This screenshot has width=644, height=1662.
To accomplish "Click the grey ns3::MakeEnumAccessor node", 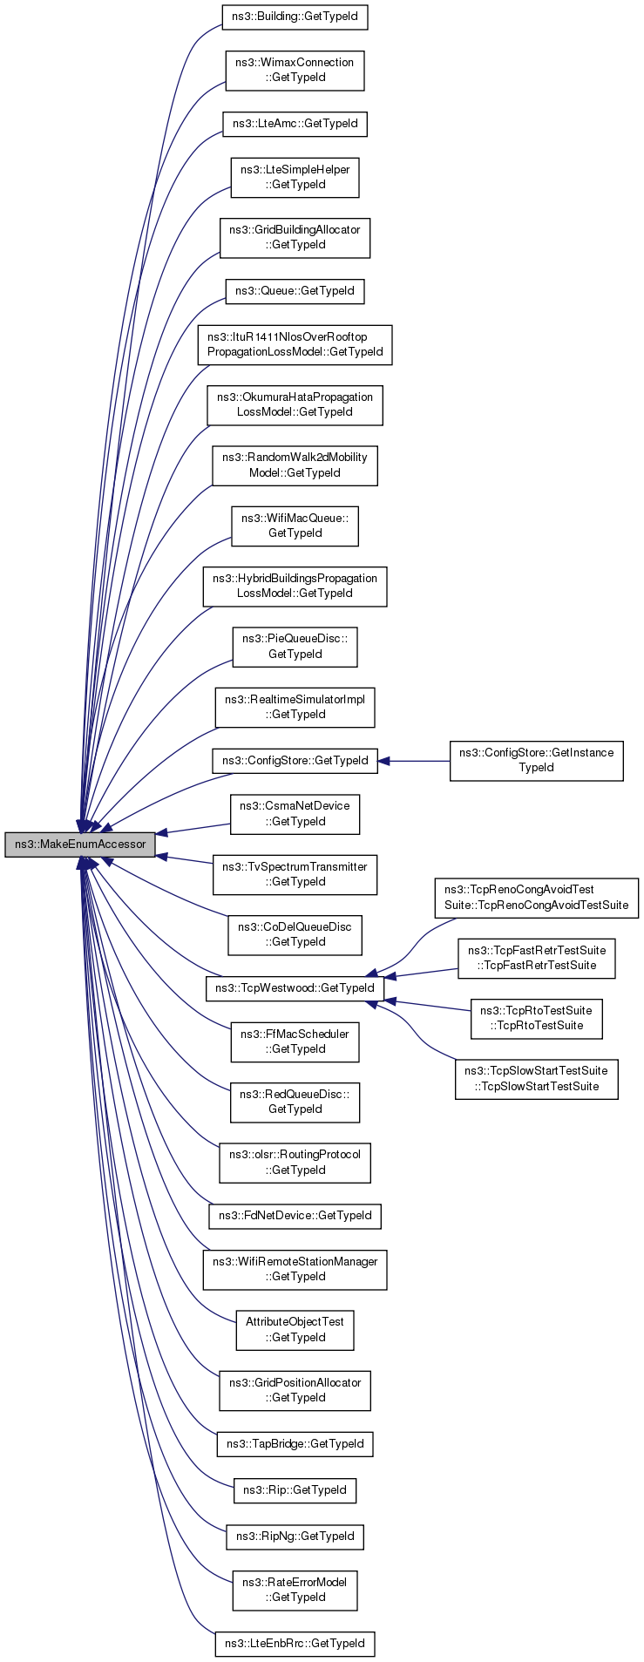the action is coord(80,845).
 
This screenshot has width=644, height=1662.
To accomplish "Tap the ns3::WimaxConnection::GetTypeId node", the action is coord(295,70).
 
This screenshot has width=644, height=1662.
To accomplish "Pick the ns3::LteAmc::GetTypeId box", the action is coord(295,124).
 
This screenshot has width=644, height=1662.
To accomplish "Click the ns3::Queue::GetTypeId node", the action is coord(295,291).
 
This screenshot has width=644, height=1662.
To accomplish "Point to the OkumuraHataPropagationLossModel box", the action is coord(295,404).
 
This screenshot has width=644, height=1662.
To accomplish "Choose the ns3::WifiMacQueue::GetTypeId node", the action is coord(295,526).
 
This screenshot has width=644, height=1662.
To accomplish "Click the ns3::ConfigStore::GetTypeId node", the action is coord(295,761).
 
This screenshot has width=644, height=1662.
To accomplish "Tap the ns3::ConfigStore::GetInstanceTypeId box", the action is coord(536,760).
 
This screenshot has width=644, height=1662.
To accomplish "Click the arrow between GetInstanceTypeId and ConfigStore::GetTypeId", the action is coord(414,761).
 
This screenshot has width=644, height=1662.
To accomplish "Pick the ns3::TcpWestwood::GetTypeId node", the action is coord(295,988).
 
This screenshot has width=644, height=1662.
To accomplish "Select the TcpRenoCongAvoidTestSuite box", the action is coord(536,898).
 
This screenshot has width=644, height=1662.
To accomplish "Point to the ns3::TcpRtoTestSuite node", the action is coord(536,1018).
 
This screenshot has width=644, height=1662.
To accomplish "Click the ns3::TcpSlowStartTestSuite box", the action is coord(536,1078).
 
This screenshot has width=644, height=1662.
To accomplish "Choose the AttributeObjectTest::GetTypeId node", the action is coord(295,1330).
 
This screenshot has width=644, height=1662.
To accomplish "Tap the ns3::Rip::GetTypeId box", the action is coord(295,1490).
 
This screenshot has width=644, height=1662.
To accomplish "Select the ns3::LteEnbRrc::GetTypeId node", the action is coord(295,1644).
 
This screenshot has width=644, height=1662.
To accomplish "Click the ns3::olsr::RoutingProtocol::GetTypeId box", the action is coord(295,1163).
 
